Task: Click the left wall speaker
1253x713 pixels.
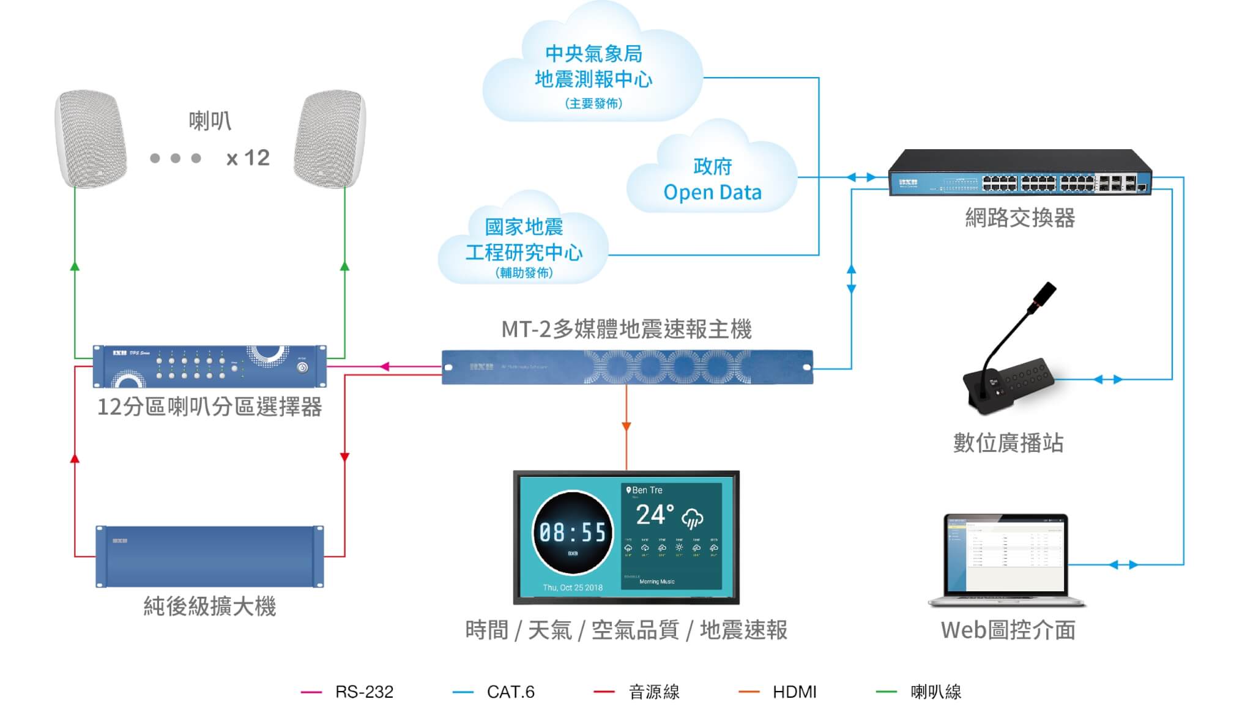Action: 91,139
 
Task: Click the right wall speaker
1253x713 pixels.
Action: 330,139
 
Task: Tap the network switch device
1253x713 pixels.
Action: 1020,173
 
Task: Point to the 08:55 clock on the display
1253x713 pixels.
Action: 572,533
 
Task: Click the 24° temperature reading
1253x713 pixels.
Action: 655,515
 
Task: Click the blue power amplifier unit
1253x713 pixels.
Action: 210,556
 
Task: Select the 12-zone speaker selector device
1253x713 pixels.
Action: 210,366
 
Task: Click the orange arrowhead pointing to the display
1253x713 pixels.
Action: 626,426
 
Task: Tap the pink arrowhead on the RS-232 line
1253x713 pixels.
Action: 384,367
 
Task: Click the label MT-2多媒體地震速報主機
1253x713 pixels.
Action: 626,330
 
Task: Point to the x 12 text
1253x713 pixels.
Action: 248,158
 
